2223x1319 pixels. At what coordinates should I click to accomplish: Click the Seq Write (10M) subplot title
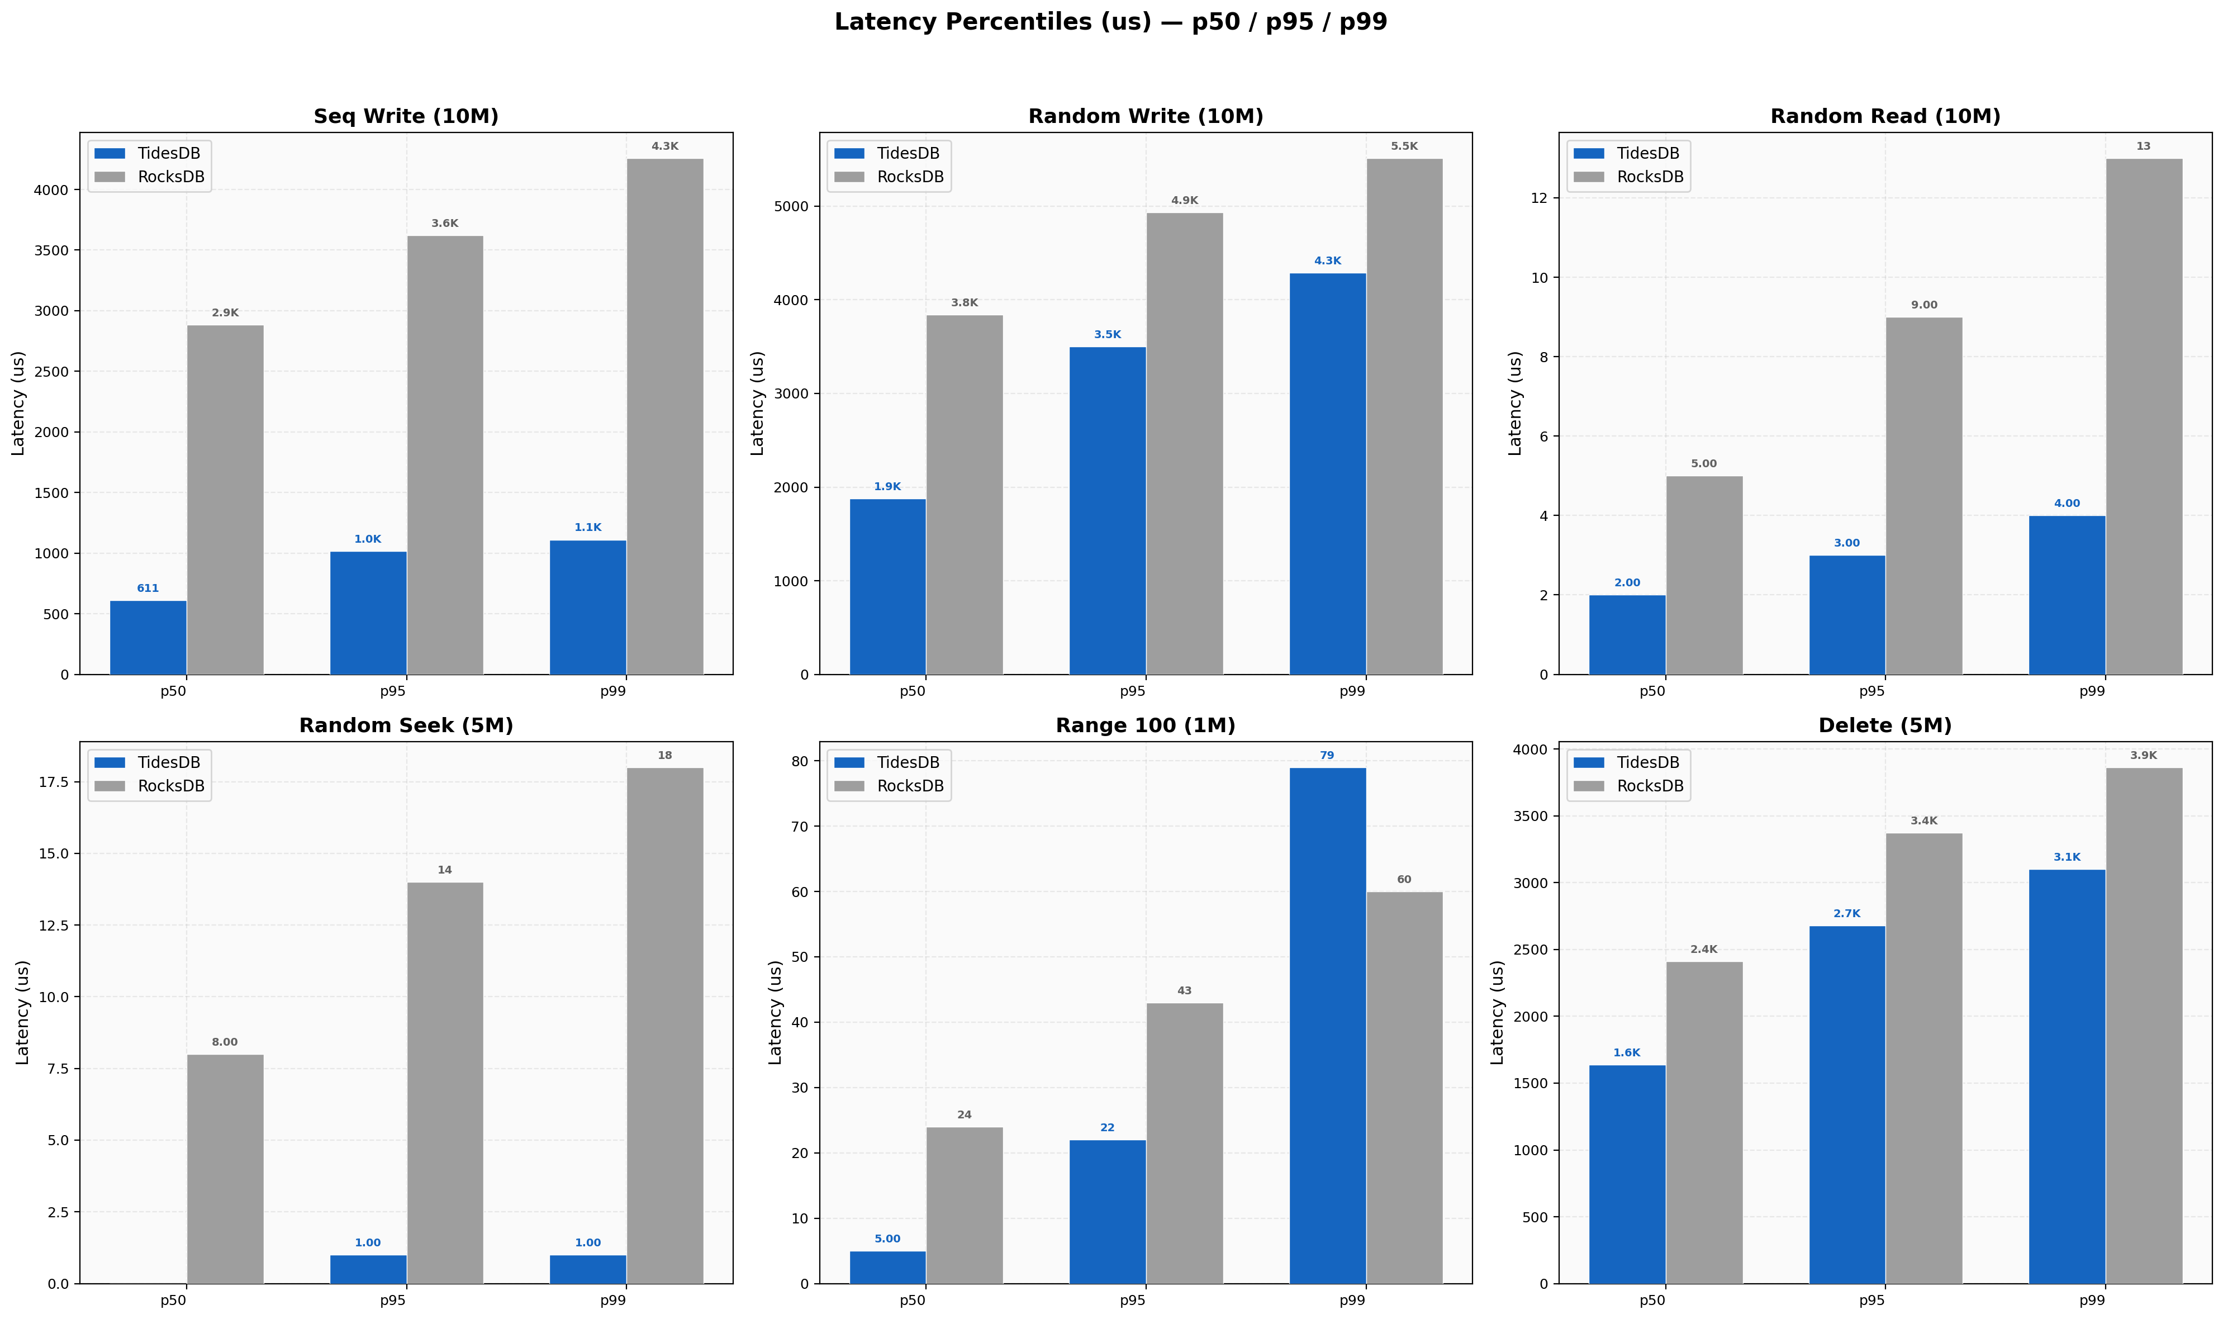pyautogui.click(x=406, y=116)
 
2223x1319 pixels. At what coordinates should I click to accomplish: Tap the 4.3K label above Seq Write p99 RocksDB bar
pyautogui.click(x=664, y=146)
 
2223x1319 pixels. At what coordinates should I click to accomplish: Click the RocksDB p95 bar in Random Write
pyautogui.click(x=1184, y=444)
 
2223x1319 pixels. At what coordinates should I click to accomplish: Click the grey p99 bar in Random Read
pyautogui.click(x=2143, y=417)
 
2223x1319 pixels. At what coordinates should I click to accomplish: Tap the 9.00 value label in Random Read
pyautogui.click(x=1923, y=305)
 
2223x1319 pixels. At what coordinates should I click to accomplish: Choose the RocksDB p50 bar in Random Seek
pyautogui.click(x=225, y=1169)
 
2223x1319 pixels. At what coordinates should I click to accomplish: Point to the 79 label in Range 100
pyautogui.click(x=1327, y=756)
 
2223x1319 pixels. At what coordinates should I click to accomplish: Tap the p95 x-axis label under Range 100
pyautogui.click(x=1132, y=1299)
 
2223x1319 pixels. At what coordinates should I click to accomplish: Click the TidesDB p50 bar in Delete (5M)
pyautogui.click(x=1627, y=1173)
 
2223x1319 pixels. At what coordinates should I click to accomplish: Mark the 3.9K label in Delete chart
pyautogui.click(x=2143, y=756)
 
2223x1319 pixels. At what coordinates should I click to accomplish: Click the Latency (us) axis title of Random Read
pyautogui.click(x=1515, y=404)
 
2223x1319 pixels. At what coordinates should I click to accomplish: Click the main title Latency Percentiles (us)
pyautogui.click(x=1110, y=22)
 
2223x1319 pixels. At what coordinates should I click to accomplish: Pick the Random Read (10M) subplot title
pyautogui.click(x=1884, y=116)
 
